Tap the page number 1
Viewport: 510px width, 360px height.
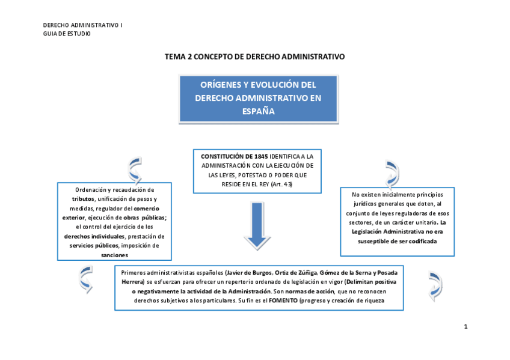tap(465, 326)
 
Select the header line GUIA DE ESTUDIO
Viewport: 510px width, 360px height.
tap(67, 34)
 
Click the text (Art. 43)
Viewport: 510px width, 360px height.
tap(281, 184)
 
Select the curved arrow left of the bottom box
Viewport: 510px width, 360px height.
tap(87, 278)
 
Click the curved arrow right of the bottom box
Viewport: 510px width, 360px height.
tap(434, 284)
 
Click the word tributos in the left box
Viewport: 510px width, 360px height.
tap(84, 198)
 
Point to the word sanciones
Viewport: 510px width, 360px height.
tap(114, 255)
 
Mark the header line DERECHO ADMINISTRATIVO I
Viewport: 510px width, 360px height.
tap(83, 25)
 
